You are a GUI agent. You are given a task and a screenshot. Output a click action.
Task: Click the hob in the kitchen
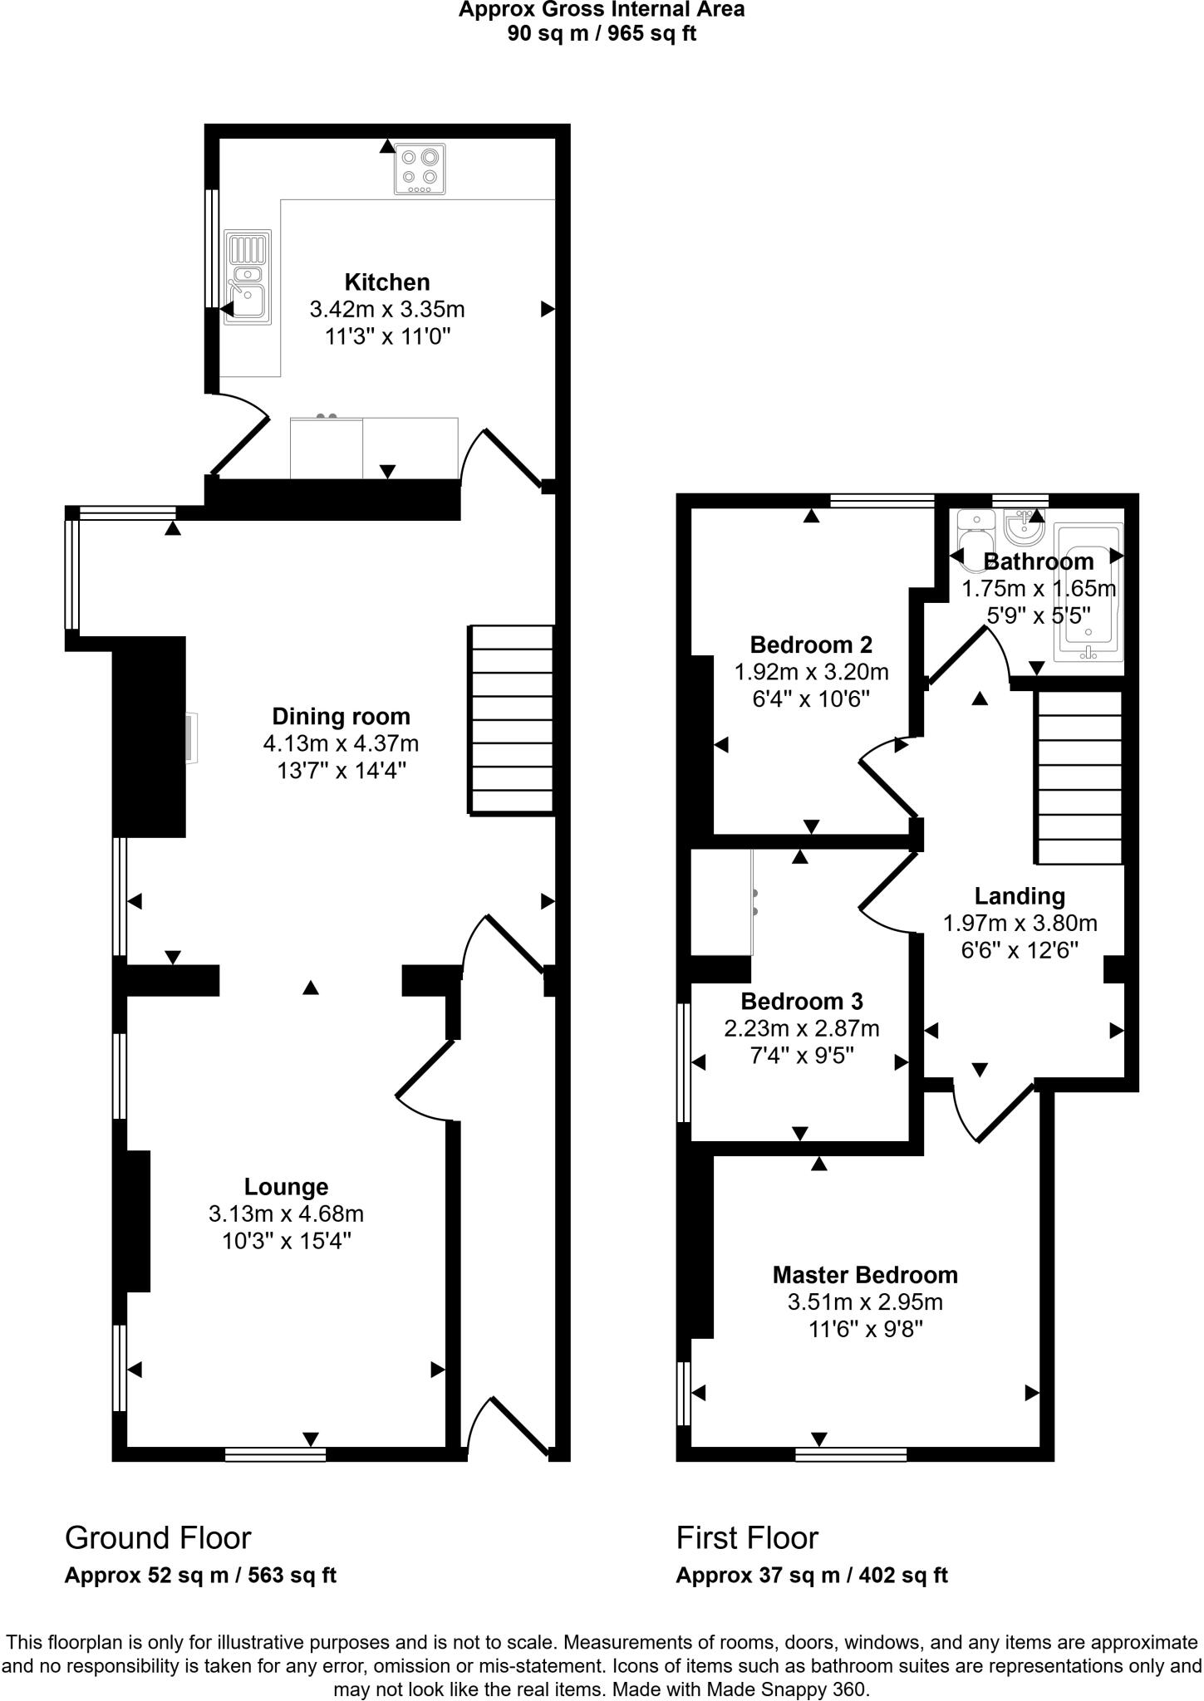(x=420, y=169)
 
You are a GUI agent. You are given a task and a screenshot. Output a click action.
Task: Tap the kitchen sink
(x=247, y=277)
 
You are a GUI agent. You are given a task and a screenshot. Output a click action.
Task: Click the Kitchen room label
(x=387, y=282)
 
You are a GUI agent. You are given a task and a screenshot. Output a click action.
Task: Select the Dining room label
(x=341, y=716)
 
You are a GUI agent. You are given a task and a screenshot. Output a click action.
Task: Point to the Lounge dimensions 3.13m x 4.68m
(x=286, y=1214)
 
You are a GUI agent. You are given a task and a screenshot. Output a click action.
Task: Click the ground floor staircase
(x=512, y=719)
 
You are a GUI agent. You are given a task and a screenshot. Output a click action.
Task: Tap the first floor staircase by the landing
(x=1078, y=778)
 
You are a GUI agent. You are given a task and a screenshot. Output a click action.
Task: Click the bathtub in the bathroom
(x=1088, y=591)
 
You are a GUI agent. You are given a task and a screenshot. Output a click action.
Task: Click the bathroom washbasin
(x=1023, y=526)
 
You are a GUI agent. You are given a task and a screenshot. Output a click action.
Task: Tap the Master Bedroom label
(x=865, y=1275)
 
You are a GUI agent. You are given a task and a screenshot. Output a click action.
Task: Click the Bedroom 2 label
(x=810, y=645)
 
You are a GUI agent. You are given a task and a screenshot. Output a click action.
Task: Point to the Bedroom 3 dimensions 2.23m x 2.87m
(x=801, y=1029)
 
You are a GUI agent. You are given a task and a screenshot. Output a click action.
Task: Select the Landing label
(x=1019, y=896)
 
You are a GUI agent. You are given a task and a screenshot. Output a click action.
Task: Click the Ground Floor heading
(x=158, y=1538)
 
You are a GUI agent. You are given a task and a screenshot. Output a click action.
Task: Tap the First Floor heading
(x=747, y=1538)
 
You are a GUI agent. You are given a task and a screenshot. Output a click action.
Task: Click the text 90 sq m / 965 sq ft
(x=602, y=34)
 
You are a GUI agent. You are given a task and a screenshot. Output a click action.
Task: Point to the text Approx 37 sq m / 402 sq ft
(x=811, y=1575)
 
